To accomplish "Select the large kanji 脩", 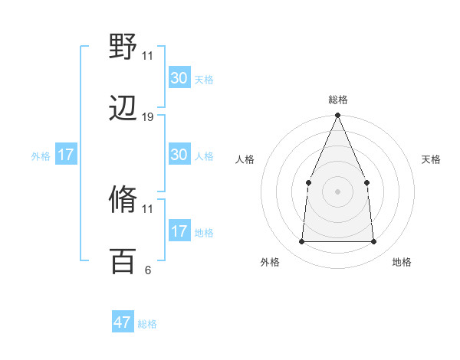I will point(123,200).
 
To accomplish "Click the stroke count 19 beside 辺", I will point(148,117).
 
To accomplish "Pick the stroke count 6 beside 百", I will point(148,270).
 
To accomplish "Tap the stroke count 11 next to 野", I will point(148,55).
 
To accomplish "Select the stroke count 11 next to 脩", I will point(148,208).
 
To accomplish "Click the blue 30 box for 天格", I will point(179,78).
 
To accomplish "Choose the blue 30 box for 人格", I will point(179,155).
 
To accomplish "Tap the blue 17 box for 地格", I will point(179,231).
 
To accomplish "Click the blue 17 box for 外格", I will point(66,155).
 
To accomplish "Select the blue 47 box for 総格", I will point(123,322).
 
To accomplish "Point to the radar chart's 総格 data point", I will point(337,116).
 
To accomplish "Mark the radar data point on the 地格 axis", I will point(373,241).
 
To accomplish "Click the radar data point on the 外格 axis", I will point(301,241).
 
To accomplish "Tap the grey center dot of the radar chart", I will point(337,191).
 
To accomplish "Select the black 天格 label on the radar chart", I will point(432,159).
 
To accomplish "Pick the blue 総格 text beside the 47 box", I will point(147,324).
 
